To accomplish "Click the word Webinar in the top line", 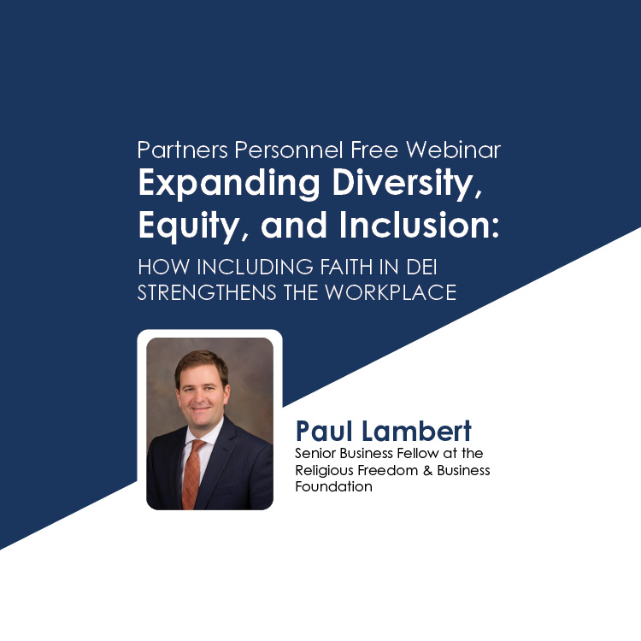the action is [453, 150].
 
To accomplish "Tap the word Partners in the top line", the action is [182, 150].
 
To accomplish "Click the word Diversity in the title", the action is [407, 183].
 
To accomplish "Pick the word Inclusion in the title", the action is [419, 225].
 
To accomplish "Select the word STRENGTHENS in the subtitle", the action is [207, 292].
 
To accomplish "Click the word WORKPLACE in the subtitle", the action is [391, 292].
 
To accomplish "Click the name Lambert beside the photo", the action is [416, 431].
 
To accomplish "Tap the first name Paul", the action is [324, 431].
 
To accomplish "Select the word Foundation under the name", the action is [333, 486].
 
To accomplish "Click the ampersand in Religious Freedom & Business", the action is [427, 470].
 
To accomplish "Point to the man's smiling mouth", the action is [201, 409].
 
